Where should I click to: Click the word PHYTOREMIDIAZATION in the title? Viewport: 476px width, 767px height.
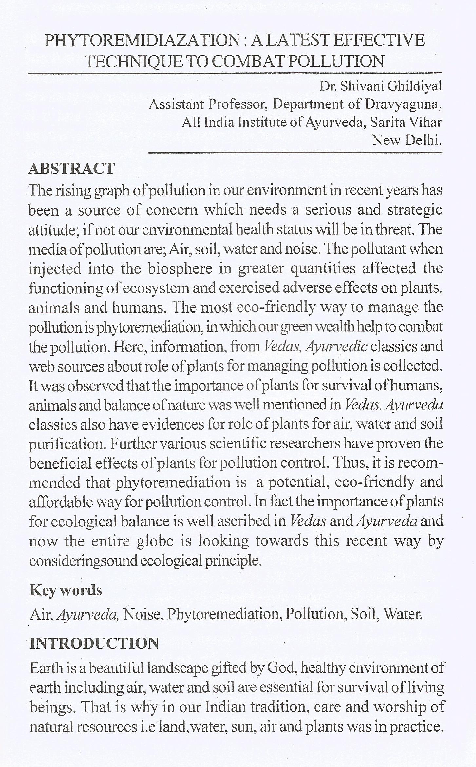(x=143, y=40)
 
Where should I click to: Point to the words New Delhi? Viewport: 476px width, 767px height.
(x=407, y=140)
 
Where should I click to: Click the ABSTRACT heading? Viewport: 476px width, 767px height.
(x=72, y=168)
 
